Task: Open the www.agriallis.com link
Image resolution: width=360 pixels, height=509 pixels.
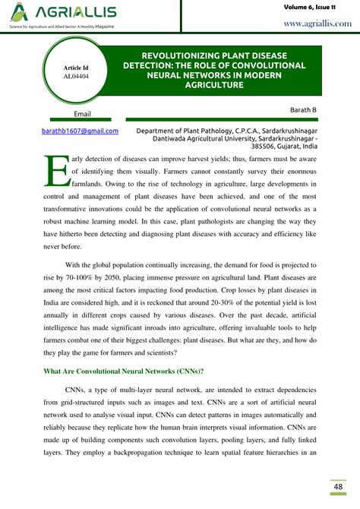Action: click(317, 24)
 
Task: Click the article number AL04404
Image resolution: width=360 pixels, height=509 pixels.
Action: click(75, 77)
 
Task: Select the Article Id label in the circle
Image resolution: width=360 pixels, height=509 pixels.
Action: click(75, 68)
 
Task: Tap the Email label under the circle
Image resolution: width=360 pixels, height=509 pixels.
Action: click(82, 114)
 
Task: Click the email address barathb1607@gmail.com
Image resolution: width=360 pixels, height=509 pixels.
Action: click(81, 131)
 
